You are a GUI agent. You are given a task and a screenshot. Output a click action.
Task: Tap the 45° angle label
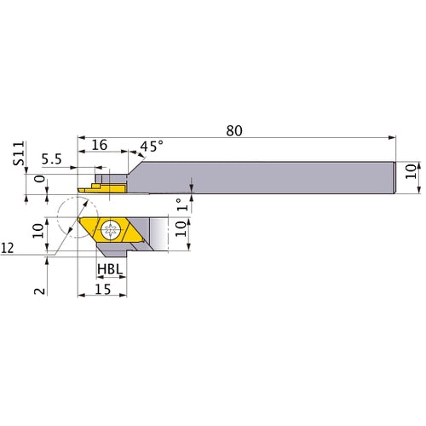coord(152,146)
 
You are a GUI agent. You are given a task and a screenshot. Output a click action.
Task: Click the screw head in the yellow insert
coord(110,230)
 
